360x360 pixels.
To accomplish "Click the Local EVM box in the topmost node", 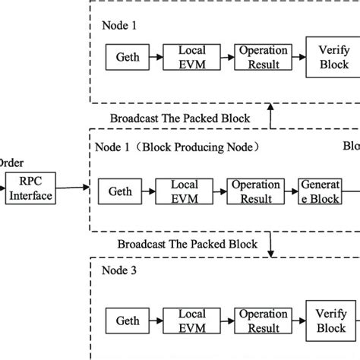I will (192, 57).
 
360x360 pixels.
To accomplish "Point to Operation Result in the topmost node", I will (262, 57).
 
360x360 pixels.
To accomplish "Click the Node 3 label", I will (119, 270).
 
